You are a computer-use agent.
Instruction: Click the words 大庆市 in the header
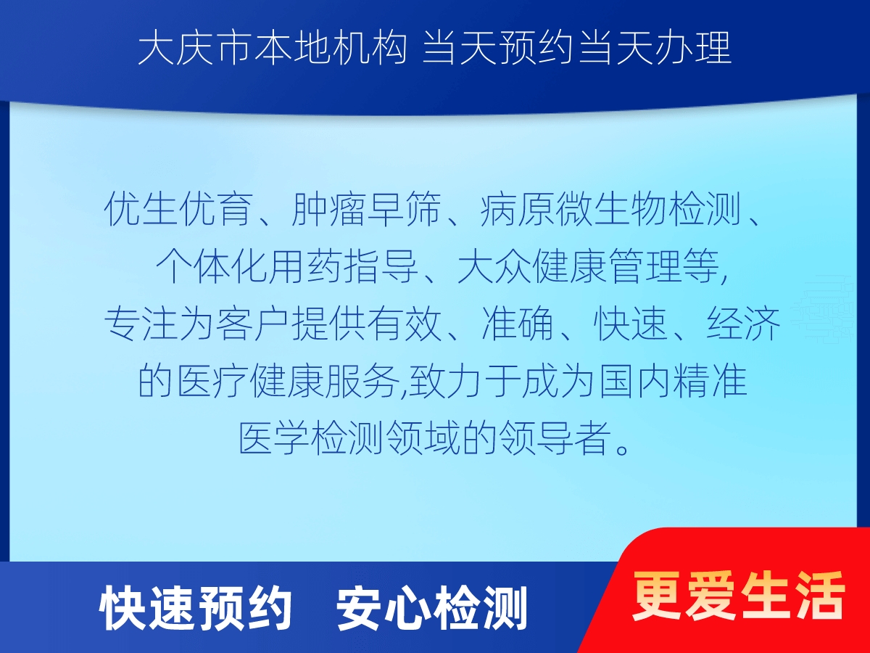194,49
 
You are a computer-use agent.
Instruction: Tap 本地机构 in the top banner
330,49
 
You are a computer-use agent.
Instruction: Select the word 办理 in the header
694,49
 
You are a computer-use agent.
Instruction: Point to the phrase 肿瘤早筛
367,209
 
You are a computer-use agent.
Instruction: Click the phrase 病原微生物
573,209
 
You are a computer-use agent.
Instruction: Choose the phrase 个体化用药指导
287,266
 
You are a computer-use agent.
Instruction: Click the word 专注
141,324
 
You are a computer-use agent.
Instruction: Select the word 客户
253,324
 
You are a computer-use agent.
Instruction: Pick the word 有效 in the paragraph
404,324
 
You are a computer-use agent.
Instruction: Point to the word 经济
743,324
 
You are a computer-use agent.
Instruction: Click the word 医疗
212,382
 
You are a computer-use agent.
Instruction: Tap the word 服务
362,382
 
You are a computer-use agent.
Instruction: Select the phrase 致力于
464,382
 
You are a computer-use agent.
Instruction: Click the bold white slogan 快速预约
196,609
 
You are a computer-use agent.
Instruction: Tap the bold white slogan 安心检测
431,609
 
